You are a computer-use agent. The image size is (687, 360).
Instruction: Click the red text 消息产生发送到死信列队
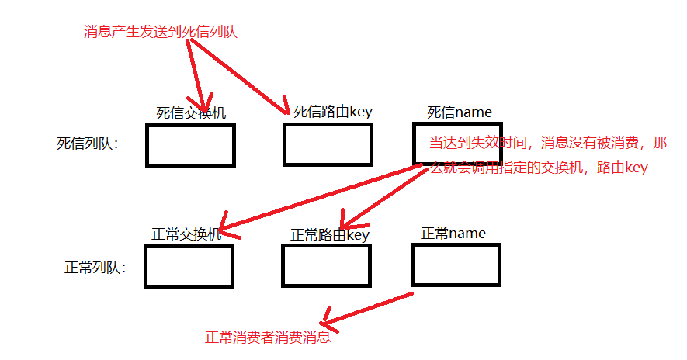(160, 32)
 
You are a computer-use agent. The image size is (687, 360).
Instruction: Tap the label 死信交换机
(191, 113)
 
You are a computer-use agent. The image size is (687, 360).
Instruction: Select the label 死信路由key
(333, 111)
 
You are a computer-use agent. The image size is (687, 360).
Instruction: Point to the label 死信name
(460, 112)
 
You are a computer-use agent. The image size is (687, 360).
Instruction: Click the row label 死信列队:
(88, 144)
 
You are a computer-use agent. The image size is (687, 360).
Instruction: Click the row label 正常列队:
(95, 268)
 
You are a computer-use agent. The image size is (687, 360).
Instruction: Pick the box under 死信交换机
(190, 145)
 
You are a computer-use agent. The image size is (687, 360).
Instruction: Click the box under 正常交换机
(189, 266)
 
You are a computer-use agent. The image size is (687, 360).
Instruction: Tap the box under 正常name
(456, 265)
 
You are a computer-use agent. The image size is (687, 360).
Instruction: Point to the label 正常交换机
(186, 234)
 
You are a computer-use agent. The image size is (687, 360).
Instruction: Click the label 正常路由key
(330, 234)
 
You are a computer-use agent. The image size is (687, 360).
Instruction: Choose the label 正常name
(453, 233)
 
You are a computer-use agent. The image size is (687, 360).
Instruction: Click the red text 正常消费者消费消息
(268, 337)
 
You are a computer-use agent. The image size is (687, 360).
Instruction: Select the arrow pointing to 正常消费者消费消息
(365, 308)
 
